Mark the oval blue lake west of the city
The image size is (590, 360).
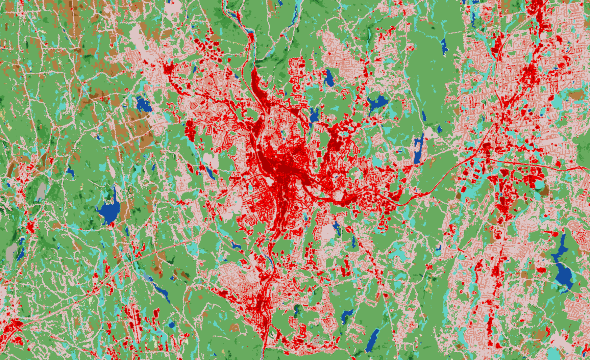click(144, 105)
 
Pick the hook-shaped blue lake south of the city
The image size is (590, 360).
click(347, 315)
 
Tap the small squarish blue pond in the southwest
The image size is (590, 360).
click(172, 325)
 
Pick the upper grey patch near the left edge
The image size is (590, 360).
click(42, 191)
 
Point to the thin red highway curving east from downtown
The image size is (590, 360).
click(439, 182)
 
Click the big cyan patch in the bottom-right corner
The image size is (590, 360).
click(554, 353)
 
